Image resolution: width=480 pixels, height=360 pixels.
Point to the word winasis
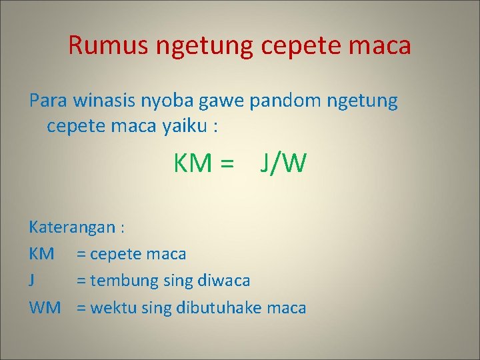pos(107,101)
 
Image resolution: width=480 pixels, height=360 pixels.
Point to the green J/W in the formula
pos(283,163)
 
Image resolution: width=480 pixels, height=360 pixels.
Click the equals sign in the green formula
pos(228,163)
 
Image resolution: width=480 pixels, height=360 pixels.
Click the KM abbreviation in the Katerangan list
pos(41,254)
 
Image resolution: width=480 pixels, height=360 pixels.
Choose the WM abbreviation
pos(45,307)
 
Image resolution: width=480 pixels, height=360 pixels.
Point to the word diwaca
pos(223,281)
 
